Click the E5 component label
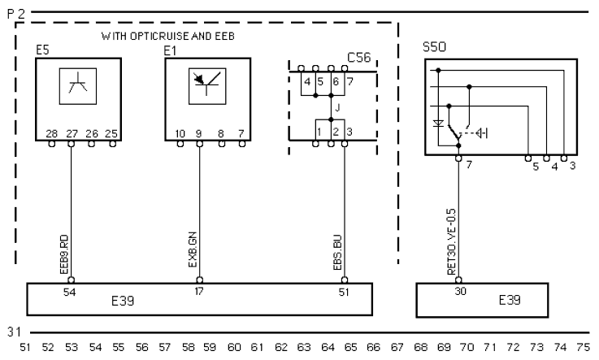(42, 50)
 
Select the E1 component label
(170, 50)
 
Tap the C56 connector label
(358, 57)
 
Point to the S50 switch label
(434, 47)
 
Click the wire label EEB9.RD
(64, 254)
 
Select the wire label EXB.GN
(193, 249)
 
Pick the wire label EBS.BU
(337, 253)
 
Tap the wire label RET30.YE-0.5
(452, 241)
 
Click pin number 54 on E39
(70, 293)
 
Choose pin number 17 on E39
(198, 292)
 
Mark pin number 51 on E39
(344, 293)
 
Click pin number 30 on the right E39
(460, 292)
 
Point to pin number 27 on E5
(72, 133)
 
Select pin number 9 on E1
(198, 133)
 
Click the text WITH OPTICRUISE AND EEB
(167, 37)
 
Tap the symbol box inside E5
(78, 86)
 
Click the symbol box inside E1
(207, 86)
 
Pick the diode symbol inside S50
(438, 124)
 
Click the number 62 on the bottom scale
(281, 347)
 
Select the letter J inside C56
(337, 108)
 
